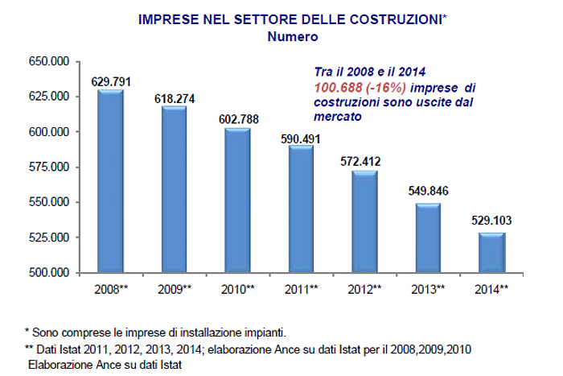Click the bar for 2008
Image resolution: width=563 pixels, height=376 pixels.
[x=110, y=181]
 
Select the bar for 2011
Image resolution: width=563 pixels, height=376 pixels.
[x=301, y=209]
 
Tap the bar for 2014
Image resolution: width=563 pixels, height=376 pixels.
[x=491, y=253]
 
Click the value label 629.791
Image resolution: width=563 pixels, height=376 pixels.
[x=111, y=81]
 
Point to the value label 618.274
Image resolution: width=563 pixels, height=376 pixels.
[x=175, y=98]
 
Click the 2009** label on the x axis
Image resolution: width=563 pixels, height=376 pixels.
[x=174, y=288]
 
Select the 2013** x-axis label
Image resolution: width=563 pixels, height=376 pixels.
[x=427, y=288]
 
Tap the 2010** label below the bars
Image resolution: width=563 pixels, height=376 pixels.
[x=237, y=288]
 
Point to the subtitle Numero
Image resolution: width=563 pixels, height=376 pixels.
[x=291, y=36]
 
